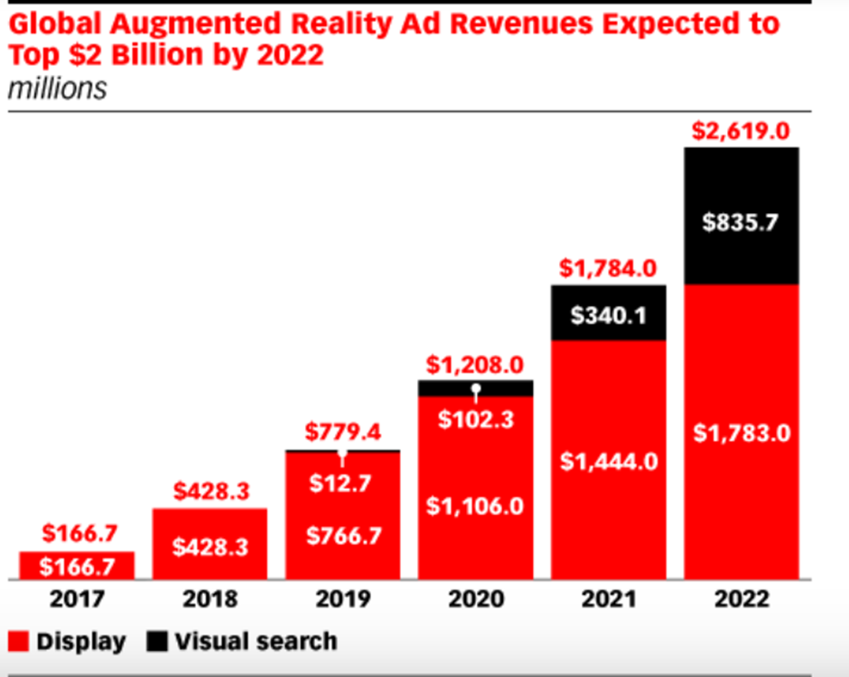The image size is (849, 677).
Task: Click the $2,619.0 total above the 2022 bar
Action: [741, 130]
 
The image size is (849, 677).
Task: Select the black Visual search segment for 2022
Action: [742, 190]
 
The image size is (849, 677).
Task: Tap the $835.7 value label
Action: [741, 223]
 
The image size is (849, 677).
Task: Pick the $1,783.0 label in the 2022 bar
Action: [742, 432]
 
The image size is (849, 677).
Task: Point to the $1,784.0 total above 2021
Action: [608, 268]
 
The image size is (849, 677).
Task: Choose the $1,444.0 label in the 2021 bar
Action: [609, 462]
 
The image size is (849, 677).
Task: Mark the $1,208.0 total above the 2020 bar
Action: [475, 365]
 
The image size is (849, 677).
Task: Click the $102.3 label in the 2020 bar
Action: [475, 420]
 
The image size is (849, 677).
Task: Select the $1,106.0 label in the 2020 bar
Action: [475, 506]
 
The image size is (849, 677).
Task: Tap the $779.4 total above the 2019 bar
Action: [342, 431]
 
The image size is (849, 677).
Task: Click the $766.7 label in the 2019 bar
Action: [342, 535]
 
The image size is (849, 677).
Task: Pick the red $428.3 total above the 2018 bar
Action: [210, 492]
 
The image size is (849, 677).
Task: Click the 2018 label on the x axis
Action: [210, 599]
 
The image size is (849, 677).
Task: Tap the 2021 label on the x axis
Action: [608, 599]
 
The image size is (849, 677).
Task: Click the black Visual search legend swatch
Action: [155, 642]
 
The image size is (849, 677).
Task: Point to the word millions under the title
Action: [57, 88]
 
